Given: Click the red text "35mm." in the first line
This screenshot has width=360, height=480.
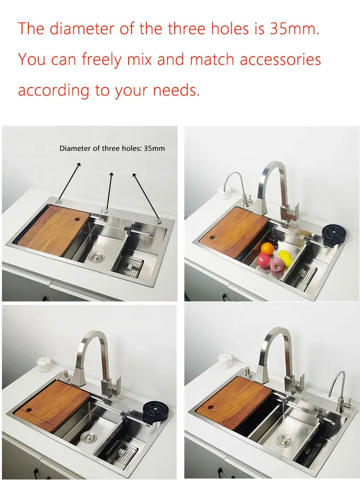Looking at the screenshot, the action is [295, 29].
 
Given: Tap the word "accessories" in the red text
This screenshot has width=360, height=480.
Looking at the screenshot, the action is [280, 60].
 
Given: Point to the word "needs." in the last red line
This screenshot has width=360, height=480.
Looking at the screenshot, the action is [176, 90].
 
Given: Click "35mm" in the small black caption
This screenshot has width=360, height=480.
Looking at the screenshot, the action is [154, 148].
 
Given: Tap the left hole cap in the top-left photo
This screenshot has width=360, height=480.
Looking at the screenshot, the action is [59, 202].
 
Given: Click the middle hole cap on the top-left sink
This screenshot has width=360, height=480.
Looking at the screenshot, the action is [105, 211].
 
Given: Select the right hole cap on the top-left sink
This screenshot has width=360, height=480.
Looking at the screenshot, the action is [158, 221].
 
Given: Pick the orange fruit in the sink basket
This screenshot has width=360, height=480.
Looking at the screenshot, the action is [267, 249].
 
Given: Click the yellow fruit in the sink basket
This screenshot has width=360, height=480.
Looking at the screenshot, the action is [285, 258].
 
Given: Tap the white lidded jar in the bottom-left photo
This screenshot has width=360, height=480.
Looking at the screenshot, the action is [44, 364].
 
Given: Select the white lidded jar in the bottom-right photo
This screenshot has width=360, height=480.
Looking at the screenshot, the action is [225, 361].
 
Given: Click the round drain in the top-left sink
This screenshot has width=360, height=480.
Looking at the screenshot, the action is [96, 256].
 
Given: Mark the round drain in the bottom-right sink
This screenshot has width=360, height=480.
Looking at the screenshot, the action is [285, 441].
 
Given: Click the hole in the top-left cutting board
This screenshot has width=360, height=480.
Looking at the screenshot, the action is [77, 219].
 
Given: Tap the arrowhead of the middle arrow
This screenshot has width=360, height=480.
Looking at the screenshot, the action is [111, 175].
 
